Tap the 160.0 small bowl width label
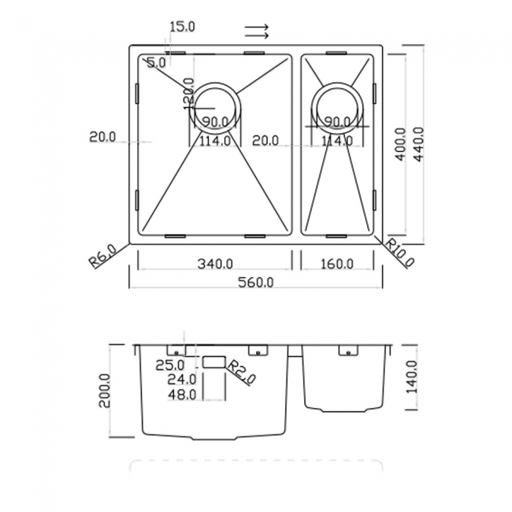(336, 263)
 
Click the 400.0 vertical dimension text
(400, 144)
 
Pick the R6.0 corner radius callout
(102, 257)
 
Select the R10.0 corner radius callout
(401, 254)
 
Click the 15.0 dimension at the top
(182, 27)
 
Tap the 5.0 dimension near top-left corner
(156, 61)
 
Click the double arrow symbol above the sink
(257, 32)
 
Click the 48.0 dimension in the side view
(182, 394)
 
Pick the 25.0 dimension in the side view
(169, 365)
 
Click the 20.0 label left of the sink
(102, 137)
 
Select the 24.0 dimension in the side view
(182, 380)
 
